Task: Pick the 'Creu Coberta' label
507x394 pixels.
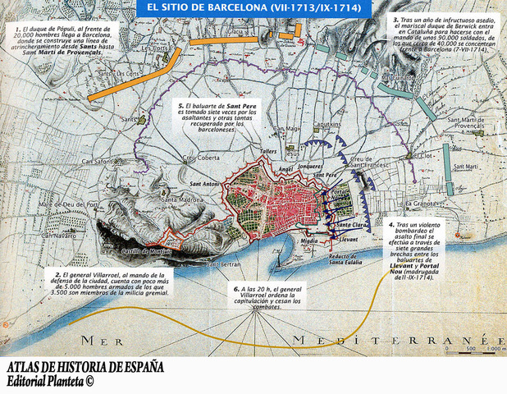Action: tap(200, 158)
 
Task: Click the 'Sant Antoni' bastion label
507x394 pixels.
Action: tap(208, 185)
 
